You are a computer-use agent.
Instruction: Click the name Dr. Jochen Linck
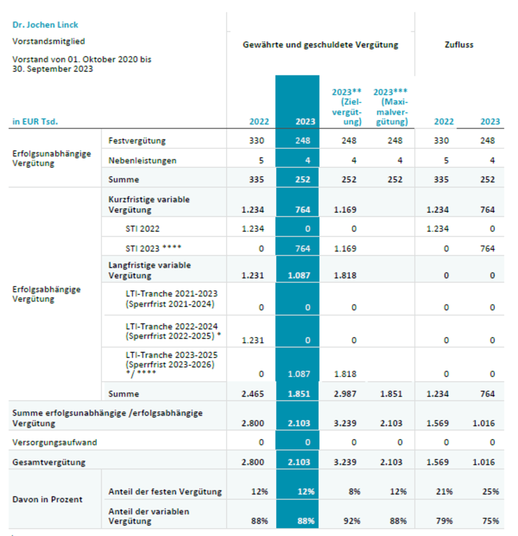[x=45, y=25]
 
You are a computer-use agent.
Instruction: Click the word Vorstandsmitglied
[x=48, y=41]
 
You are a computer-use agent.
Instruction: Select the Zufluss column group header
[x=459, y=45]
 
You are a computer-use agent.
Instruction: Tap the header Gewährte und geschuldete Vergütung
[x=320, y=45]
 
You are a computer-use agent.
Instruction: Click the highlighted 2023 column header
[x=305, y=122]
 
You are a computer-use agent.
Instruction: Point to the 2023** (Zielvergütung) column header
[x=346, y=107]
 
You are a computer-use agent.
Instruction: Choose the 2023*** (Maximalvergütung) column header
[x=390, y=107]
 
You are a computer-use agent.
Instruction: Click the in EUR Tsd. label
[x=35, y=122]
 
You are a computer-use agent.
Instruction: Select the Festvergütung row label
[x=137, y=141]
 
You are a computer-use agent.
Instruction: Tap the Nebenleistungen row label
[x=143, y=160]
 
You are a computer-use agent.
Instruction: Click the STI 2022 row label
[x=143, y=229]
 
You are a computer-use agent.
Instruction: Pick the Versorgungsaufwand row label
[x=55, y=442]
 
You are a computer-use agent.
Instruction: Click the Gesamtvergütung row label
[x=49, y=462]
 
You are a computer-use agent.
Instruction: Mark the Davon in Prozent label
[x=47, y=499]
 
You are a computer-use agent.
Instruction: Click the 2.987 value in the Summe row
[x=345, y=394]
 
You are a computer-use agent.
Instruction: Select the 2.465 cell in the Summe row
[x=253, y=394]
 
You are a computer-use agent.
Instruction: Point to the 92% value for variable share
[x=351, y=521]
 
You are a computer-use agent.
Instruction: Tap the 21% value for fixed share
[x=444, y=491]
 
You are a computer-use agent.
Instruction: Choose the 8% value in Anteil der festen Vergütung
[x=354, y=491]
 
